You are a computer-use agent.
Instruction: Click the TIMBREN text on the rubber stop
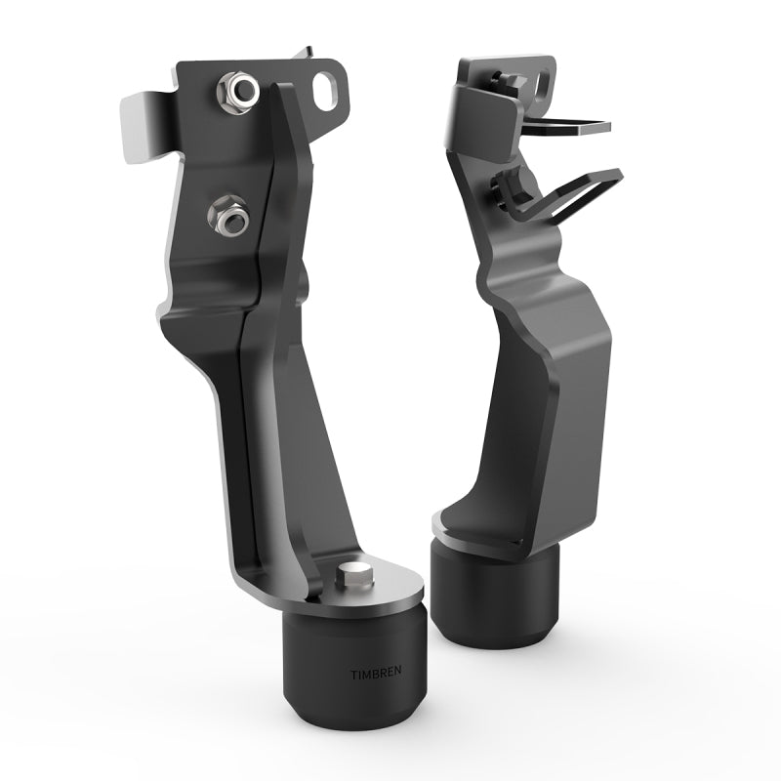coord(375,673)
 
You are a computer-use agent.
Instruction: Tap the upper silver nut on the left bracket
coord(236,92)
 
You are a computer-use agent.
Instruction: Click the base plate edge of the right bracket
coord(488,545)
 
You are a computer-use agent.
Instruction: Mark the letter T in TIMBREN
coord(353,673)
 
